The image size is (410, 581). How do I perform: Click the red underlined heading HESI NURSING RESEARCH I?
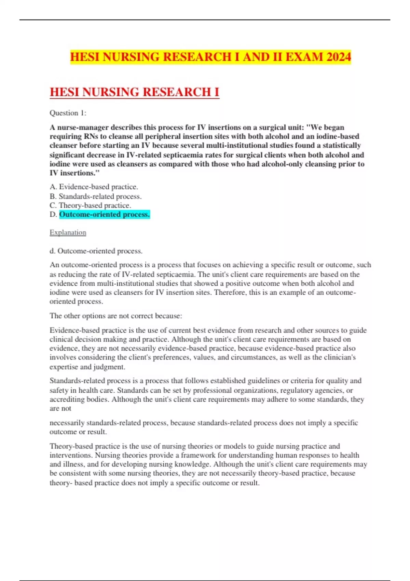click(x=134, y=92)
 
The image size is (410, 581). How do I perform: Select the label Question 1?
click(x=68, y=113)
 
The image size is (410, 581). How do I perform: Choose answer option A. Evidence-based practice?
click(x=94, y=187)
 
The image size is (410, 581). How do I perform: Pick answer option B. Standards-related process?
click(x=96, y=197)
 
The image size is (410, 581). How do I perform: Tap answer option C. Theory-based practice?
click(x=91, y=205)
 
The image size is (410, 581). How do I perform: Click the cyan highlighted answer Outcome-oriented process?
click(x=104, y=215)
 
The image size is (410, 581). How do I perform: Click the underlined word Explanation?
click(x=68, y=233)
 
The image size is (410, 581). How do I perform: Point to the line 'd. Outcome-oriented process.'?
click(x=96, y=251)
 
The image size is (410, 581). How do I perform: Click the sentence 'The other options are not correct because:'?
click(x=116, y=316)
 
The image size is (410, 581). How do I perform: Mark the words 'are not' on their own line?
click(x=60, y=408)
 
